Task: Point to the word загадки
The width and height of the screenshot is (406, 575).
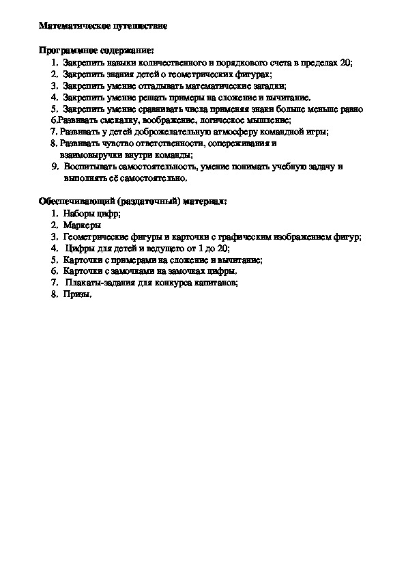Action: [269, 85]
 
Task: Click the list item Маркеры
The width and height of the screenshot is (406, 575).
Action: [81, 225]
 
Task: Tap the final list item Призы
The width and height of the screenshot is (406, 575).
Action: [76, 294]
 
